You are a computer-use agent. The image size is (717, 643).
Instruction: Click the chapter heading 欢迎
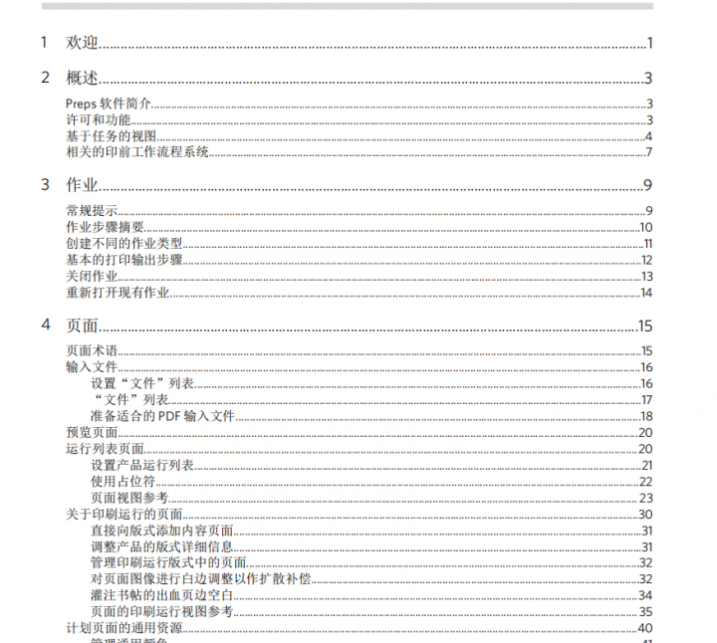pyautogui.click(x=82, y=43)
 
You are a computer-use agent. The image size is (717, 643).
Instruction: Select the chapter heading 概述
pyautogui.click(x=82, y=79)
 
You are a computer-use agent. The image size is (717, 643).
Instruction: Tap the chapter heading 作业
pyautogui.click(x=82, y=184)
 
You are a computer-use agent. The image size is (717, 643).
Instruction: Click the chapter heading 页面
pyautogui.click(x=82, y=325)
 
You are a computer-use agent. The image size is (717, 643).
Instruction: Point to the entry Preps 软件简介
pyautogui.click(x=108, y=105)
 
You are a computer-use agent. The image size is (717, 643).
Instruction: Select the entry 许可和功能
pyautogui.click(x=98, y=120)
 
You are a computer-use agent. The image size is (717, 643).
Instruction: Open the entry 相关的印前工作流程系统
pyautogui.click(x=136, y=152)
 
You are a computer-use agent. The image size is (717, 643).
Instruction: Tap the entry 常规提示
pyautogui.click(x=92, y=210)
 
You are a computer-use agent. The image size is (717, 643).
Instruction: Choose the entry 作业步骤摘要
pyautogui.click(x=105, y=227)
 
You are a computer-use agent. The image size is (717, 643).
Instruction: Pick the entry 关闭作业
pyautogui.click(x=92, y=276)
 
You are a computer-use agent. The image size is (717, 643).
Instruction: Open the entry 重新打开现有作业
pyautogui.click(x=117, y=293)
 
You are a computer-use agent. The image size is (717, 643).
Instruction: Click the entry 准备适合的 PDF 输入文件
pyautogui.click(x=162, y=416)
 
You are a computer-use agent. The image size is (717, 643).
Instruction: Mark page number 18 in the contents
pyautogui.click(x=645, y=416)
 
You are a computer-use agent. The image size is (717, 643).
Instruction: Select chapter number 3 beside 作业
pyautogui.click(x=45, y=184)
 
